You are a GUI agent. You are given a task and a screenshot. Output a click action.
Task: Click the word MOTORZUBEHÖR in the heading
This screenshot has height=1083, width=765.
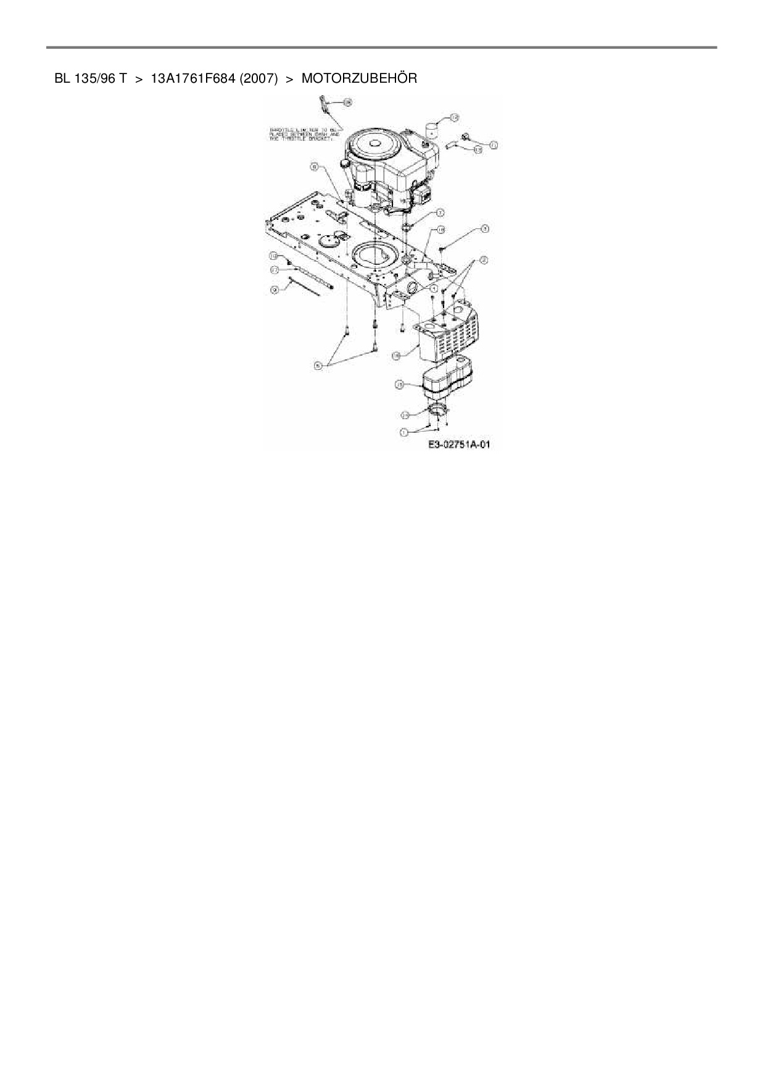[359, 78]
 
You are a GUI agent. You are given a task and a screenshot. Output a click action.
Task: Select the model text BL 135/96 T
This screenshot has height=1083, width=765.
[91, 78]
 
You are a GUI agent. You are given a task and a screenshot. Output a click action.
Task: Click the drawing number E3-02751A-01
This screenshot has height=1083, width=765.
[459, 445]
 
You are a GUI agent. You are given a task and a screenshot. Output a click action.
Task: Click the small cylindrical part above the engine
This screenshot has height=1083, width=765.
[431, 131]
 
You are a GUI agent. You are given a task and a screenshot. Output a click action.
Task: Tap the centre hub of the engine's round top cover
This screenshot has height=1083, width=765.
[374, 143]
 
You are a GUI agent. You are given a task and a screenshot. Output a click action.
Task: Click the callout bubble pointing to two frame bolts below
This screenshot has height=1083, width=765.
[318, 366]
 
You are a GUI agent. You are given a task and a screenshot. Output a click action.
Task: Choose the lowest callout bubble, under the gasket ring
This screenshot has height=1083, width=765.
[403, 432]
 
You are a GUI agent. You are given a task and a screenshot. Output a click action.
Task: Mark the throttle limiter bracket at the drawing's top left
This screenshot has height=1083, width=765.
[323, 104]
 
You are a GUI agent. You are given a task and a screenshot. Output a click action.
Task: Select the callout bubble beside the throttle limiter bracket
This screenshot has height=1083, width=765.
[347, 102]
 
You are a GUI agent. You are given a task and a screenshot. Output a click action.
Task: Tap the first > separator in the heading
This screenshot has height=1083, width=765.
[139, 78]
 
